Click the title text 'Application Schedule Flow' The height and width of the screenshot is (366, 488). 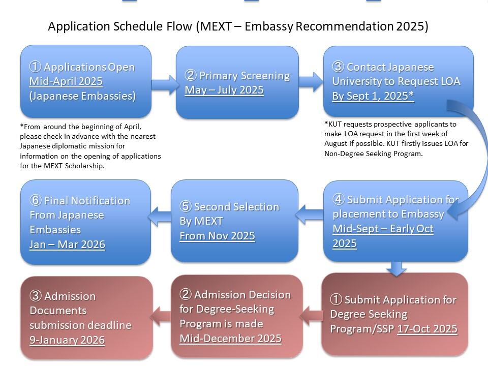(120, 27)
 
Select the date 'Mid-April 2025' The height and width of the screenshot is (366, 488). (66, 81)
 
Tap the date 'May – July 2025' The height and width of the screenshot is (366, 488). (224, 90)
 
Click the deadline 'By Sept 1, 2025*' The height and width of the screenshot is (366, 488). (373, 96)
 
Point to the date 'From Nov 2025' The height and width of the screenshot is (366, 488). (217, 236)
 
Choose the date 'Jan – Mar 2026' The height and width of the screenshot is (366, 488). (67, 245)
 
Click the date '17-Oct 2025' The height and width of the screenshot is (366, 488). (427, 329)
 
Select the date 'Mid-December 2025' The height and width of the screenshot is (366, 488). (230, 339)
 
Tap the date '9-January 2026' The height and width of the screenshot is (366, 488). (67, 340)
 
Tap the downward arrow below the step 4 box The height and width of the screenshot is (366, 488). (397, 267)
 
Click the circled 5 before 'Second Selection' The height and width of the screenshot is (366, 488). (185, 207)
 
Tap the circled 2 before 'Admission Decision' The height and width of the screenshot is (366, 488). (185, 295)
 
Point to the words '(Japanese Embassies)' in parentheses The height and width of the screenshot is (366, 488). (82, 96)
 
